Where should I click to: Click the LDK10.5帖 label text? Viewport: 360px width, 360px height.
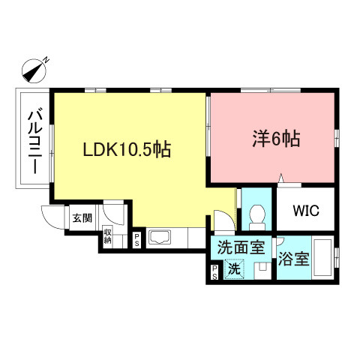pos(127,150)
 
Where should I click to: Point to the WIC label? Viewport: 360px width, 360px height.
pos(306,211)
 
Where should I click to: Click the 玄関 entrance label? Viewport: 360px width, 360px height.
pos(81,219)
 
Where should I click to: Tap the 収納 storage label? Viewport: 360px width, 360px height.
pos(108,237)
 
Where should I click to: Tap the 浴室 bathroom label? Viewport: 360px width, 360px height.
pos(293,259)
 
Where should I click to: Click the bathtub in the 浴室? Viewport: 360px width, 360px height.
pos(323,259)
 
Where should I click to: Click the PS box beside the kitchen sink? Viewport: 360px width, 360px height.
pos(137,241)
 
